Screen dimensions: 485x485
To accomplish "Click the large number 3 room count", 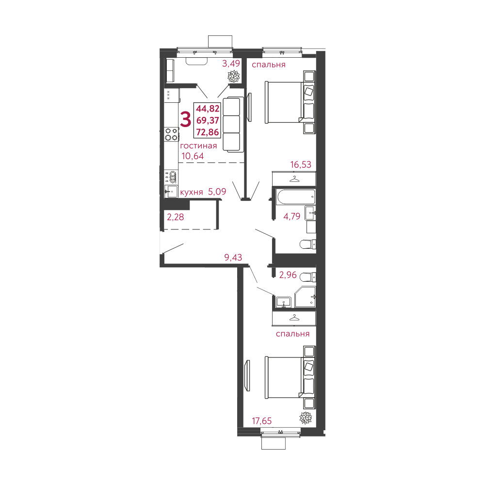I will click(x=185, y=119).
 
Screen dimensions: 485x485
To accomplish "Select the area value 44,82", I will click(x=208, y=109).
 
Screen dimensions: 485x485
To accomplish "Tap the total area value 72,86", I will click(x=208, y=131).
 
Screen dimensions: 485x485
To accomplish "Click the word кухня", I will click(x=191, y=193).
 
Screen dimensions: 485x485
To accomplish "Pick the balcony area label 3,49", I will click(x=231, y=63).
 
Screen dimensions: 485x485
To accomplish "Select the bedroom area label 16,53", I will click(x=301, y=165).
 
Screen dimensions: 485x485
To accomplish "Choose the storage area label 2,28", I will click(x=175, y=217).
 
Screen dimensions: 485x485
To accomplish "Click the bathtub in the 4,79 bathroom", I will click(x=296, y=196).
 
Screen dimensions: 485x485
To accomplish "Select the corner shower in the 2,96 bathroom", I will click(x=305, y=296).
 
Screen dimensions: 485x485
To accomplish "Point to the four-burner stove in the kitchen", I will click(x=171, y=134).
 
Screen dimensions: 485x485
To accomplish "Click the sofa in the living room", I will click(x=231, y=124).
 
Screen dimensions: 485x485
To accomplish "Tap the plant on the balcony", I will click(x=234, y=76).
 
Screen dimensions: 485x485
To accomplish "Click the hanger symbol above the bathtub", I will click(x=294, y=179).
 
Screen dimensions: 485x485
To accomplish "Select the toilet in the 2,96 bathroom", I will click(x=307, y=277).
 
